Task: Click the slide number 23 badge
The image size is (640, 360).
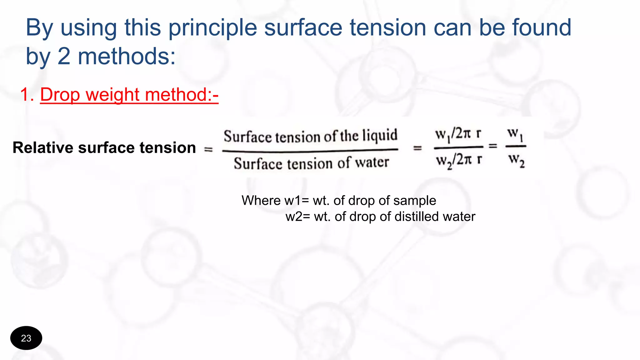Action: pyautogui.click(x=26, y=338)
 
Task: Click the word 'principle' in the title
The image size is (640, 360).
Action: pyautogui.click(x=212, y=28)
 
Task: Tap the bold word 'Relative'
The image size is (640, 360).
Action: pyautogui.click(x=43, y=147)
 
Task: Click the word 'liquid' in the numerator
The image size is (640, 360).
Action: pyautogui.click(x=380, y=136)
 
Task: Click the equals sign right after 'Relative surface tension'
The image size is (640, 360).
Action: pyautogui.click(x=208, y=150)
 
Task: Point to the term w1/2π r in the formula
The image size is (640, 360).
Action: pyautogui.click(x=458, y=134)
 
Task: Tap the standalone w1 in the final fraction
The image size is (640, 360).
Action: pyautogui.click(x=515, y=134)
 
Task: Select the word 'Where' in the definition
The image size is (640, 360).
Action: pyautogui.click(x=261, y=200)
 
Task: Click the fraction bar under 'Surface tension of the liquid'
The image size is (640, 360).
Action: pyautogui.click(x=310, y=151)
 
